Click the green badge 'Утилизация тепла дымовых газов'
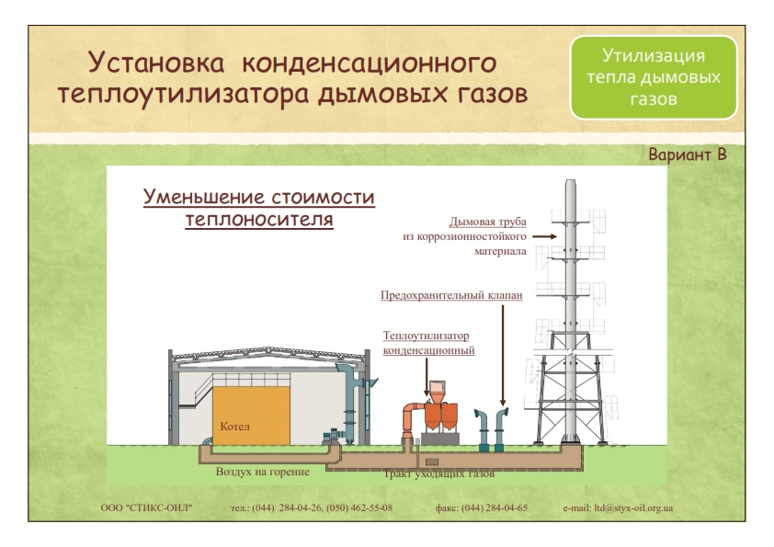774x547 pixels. click(x=654, y=77)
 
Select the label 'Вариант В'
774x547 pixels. click(x=687, y=154)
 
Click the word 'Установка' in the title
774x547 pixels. click(x=156, y=63)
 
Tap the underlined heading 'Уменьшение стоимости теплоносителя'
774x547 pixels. click(x=259, y=208)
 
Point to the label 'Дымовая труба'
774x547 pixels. click(x=488, y=222)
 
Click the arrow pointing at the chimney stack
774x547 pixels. click(x=544, y=236)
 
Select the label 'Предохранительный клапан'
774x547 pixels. click(x=451, y=295)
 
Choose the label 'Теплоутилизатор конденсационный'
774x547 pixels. click(x=428, y=343)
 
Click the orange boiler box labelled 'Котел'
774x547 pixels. click(x=251, y=416)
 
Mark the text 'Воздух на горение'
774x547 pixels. click(x=263, y=472)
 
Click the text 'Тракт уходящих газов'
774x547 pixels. click(x=439, y=474)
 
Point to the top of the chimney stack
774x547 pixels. click(x=571, y=181)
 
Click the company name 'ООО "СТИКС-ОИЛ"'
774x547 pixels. click(x=146, y=507)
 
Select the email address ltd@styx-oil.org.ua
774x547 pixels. click(x=633, y=507)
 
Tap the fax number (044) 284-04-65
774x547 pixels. click(x=495, y=507)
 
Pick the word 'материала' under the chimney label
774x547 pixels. click(x=501, y=251)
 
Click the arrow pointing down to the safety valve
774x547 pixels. click(x=503, y=356)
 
